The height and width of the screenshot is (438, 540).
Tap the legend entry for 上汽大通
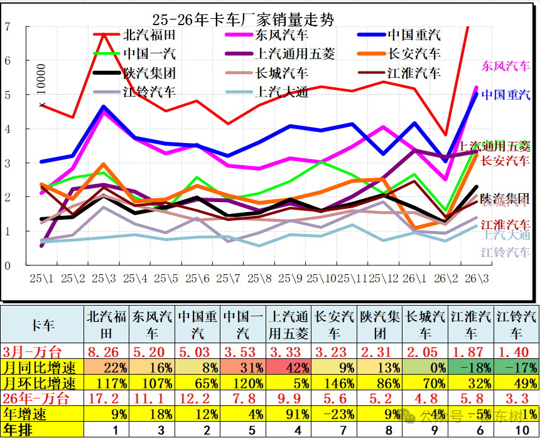click(x=282, y=92)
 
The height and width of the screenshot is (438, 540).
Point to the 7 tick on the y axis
click(x=8, y=26)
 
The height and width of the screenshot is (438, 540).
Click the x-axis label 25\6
click(x=197, y=278)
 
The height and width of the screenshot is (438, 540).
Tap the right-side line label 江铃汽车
click(x=505, y=252)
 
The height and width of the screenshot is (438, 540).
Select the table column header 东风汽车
click(x=152, y=324)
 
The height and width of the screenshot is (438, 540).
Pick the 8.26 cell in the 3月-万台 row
click(x=107, y=351)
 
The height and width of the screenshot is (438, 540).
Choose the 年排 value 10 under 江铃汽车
click(x=517, y=430)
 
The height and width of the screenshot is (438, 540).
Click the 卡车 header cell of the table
click(x=42, y=324)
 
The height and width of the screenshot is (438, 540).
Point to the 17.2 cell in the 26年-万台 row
click(x=107, y=398)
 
